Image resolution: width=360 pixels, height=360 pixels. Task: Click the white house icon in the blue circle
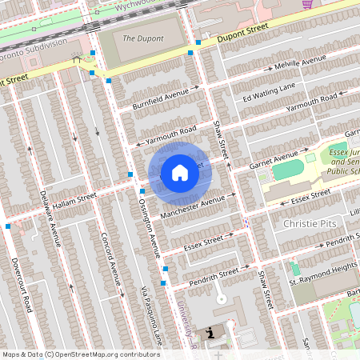coord(180,173)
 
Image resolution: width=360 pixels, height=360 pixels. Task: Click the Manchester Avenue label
coord(191,208)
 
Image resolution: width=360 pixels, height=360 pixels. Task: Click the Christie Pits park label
coord(312,225)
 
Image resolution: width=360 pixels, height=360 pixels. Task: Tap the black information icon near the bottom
coord(210,332)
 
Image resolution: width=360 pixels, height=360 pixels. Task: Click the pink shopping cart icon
coord(306,4)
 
